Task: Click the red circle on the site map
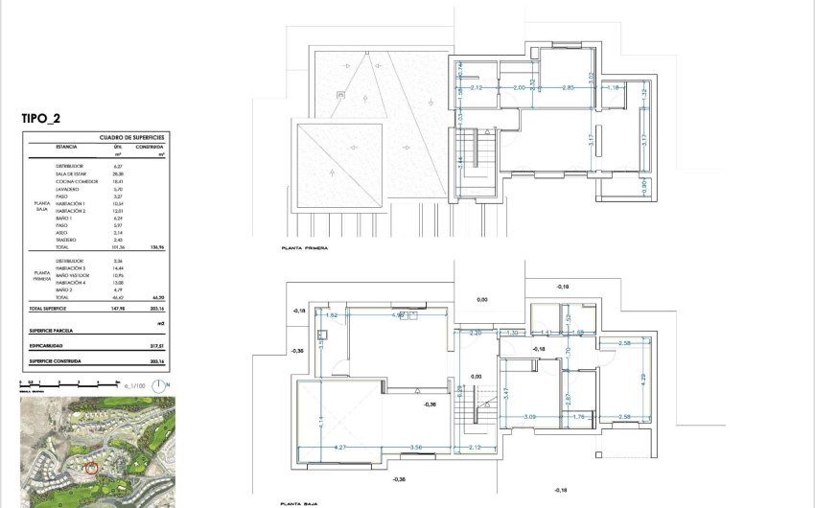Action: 92,468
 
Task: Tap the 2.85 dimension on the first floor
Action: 568,87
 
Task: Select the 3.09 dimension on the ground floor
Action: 530,416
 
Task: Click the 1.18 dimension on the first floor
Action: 615,87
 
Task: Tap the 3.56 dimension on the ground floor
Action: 416,447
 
